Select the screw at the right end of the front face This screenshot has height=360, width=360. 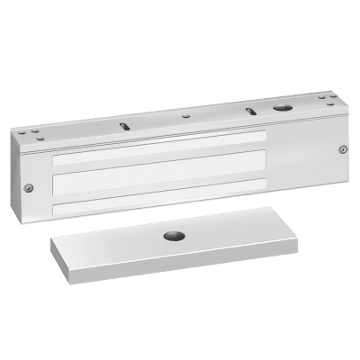(x=339, y=149)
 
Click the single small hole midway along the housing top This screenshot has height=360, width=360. (x=184, y=116)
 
